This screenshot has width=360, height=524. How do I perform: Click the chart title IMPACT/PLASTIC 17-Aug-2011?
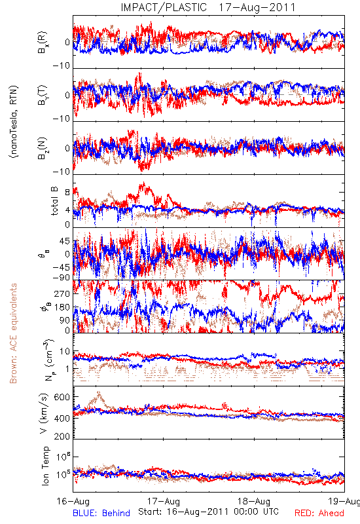(x=208, y=7)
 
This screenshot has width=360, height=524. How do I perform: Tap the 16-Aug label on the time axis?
(x=73, y=501)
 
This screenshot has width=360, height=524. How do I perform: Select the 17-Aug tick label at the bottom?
(x=163, y=501)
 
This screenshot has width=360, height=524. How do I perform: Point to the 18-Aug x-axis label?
(x=254, y=501)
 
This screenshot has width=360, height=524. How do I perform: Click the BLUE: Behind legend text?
(x=101, y=513)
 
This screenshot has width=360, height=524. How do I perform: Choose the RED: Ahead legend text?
(x=319, y=513)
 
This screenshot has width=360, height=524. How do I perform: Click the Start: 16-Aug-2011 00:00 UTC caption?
(x=208, y=512)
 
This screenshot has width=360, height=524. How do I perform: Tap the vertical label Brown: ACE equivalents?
(x=13, y=333)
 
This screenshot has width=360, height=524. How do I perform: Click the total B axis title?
(x=54, y=201)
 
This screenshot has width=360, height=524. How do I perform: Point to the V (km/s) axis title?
(x=44, y=413)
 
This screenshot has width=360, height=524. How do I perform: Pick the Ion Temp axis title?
(x=45, y=466)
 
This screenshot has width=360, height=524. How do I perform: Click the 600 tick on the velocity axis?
(x=62, y=397)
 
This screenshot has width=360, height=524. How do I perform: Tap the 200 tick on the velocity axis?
(x=62, y=436)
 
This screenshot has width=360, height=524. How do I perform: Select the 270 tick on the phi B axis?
(x=62, y=293)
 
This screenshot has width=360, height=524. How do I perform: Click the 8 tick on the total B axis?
(x=67, y=193)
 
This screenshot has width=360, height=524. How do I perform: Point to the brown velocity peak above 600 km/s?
(x=99, y=392)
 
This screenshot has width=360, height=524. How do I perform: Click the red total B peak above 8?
(x=143, y=183)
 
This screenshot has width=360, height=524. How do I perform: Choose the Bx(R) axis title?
(x=43, y=43)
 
